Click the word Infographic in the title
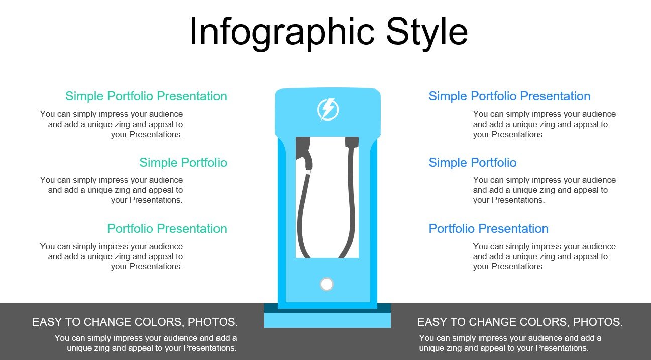pos(282,33)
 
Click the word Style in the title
pos(426,32)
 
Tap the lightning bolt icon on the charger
pos(328,110)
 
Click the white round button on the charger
pos(327,284)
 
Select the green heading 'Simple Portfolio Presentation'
pos(146,96)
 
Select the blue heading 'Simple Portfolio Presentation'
pos(509,96)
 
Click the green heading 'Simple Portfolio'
pos(183,163)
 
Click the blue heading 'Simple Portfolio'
pos(473,163)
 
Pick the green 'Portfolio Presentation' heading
pos(167,228)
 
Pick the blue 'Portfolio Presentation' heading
pos(489,228)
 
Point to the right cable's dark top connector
pos(352,142)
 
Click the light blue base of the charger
pos(327,320)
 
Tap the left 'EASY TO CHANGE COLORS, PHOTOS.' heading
pos(135,322)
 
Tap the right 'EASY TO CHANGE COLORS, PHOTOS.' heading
pos(520,322)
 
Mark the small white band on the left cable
pos(308,172)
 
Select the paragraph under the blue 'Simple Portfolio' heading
pos(545,190)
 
